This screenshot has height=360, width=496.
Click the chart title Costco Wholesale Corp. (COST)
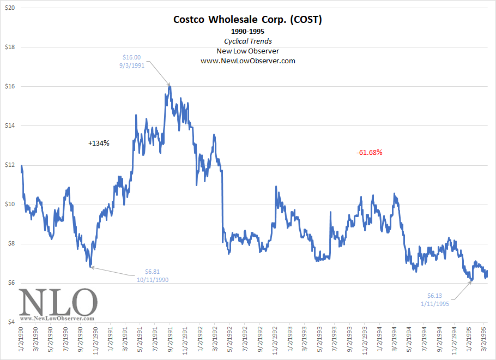(x=248, y=20)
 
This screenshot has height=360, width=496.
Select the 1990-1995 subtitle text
(x=248, y=32)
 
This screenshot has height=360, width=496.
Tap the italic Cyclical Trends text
(x=248, y=41)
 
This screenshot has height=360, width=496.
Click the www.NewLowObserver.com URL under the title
(x=248, y=61)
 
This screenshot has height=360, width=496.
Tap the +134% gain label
(x=99, y=143)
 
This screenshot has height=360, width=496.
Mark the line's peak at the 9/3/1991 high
(x=170, y=86)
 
